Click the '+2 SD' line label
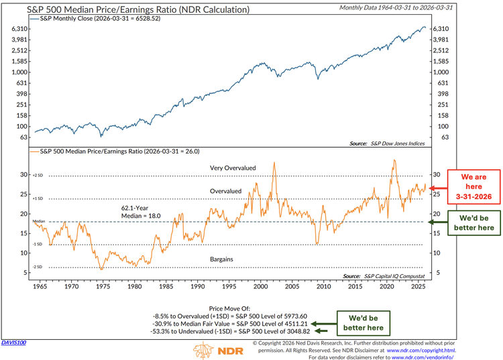point(39,176)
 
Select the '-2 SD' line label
point(39,267)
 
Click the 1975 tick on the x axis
point(101,287)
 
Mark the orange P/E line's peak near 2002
point(274,161)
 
